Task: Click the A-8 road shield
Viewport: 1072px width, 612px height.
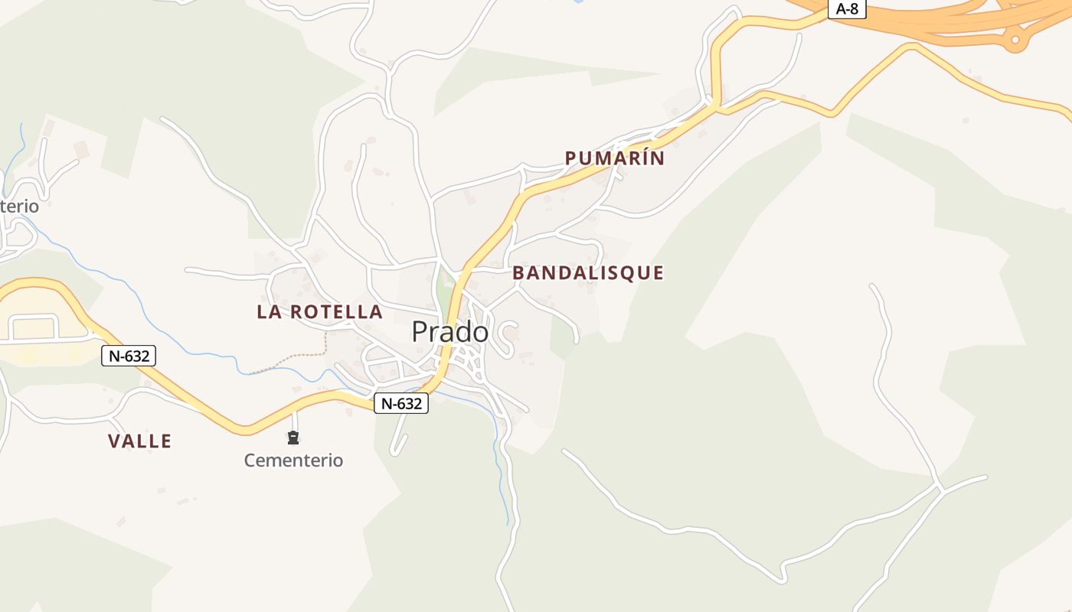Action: pyautogui.click(x=847, y=9)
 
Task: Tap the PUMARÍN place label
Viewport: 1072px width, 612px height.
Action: pyautogui.click(x=614, y=158)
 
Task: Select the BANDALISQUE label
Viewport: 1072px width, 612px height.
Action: pyautogui.click(x=587, y=272)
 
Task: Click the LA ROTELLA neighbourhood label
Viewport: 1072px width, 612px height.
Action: pyautogui.click(x=319, y=311)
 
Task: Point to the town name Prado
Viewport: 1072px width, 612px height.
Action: pyautogui.click(x=449, y=332)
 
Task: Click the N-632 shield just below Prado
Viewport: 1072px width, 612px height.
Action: pyautogui.click(x=400, y=403)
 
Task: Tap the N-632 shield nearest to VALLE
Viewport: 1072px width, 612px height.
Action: pyautogui.click(x=129, y=355)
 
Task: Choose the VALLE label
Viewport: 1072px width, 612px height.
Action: pyautogui.click(x=139, y=441)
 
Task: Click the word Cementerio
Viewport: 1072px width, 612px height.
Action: pyautogui.click(x=293, y=461)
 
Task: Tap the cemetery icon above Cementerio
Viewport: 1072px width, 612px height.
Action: pyautogui.click(x=293, y=438)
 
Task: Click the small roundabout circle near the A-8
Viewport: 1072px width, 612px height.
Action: pyautogui.click(x=1015, y=39)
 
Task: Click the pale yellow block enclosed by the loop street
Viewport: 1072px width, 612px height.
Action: pyautogui.click(x=34, y=327)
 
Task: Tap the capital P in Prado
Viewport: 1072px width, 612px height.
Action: pyautogui.click(x=420, y=332)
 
